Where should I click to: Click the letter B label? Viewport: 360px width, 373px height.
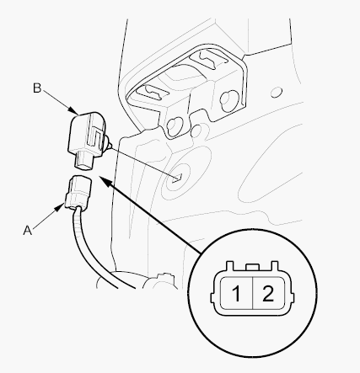37,88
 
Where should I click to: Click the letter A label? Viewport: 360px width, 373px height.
28,231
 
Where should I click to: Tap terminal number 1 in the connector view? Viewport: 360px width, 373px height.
236,294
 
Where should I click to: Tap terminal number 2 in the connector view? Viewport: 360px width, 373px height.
268,294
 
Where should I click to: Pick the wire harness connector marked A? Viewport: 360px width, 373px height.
78,192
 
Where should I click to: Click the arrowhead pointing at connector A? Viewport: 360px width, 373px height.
60,208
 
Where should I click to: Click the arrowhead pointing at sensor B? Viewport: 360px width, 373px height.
73,109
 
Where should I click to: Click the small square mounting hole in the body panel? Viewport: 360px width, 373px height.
178,178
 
